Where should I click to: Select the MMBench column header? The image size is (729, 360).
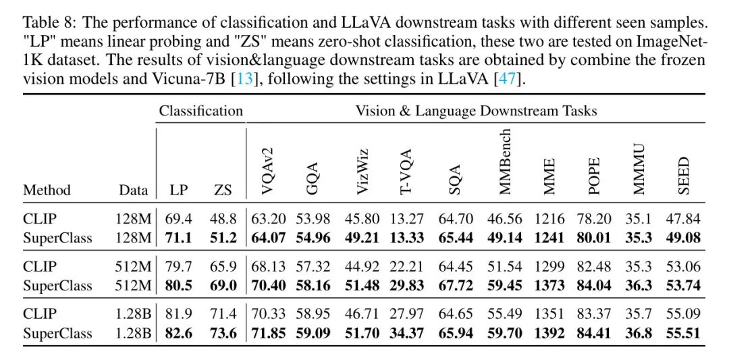click(x=506, y=161)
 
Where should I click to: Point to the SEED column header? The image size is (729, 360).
click(x=684, y=175)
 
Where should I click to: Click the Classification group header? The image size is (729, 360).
click(x=200, y=110)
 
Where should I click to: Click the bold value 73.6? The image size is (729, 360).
click(x=222, y=333)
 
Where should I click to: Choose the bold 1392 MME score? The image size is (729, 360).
click(x=549, y=333)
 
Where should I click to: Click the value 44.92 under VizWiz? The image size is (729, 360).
click(x=364, y=266)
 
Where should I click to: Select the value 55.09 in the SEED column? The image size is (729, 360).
click(x=683, y=314)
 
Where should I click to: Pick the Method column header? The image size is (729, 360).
click(x=47, y=190)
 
